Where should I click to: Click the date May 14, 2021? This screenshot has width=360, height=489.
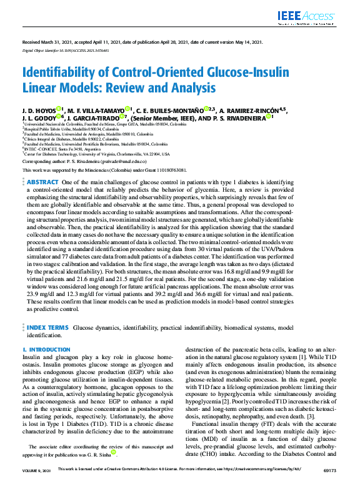246,42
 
